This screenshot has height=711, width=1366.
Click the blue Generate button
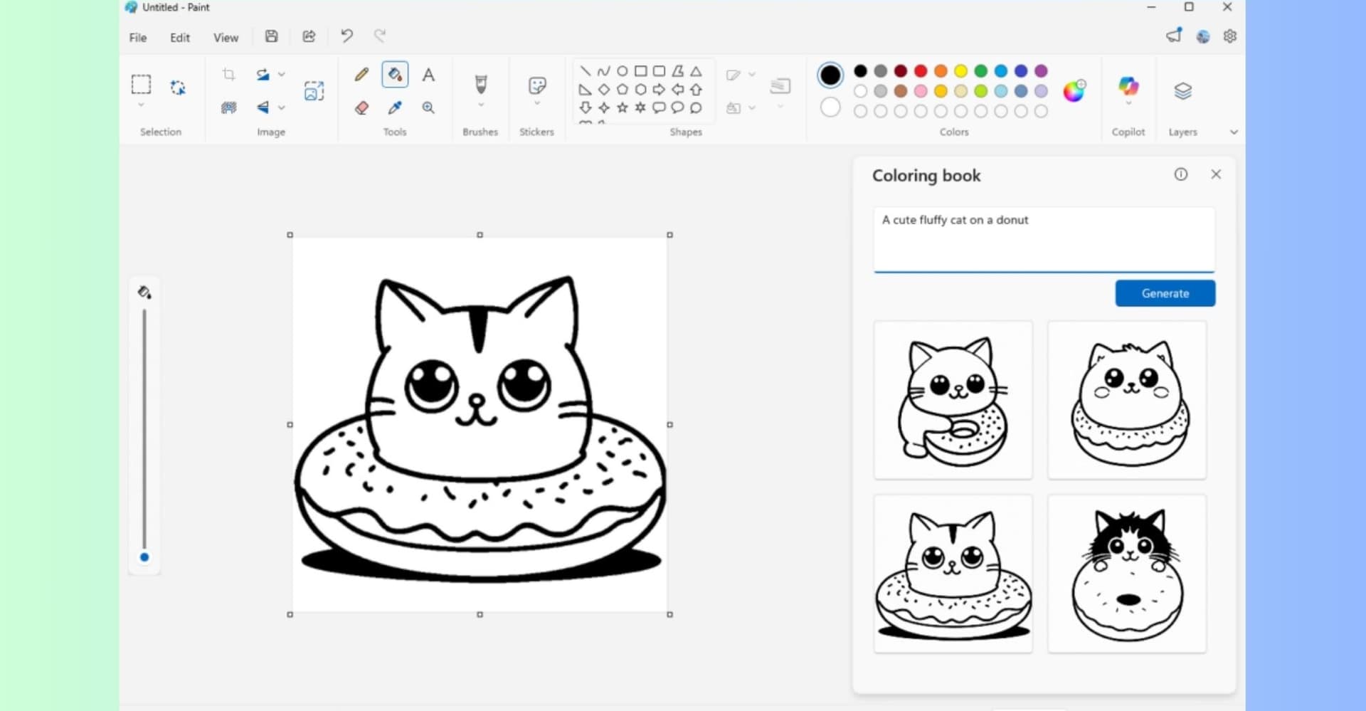pos(1165,293)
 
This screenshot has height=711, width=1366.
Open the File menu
pos(138,38)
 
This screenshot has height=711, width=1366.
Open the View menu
pos(226,38)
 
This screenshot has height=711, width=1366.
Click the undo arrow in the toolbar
pos(346,36)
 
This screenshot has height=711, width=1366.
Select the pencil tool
pos(361,75)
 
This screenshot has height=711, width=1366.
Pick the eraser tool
pos(361,107)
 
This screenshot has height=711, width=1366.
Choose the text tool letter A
pos(428,75)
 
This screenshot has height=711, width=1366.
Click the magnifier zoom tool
pos(428,107)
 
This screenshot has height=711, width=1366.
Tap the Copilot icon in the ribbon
pos(1128,87)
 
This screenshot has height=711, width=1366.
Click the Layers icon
pos(1182,91)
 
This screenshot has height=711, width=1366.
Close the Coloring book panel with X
pos(1216,174)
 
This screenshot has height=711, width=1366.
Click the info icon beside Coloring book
pos(1181,174)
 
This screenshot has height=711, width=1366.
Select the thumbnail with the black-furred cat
pos(1127,574)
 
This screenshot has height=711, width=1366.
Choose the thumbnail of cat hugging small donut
pos(953,400)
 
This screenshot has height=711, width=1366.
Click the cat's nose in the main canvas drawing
pos(477,401)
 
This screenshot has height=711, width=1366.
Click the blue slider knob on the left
pos(144,557)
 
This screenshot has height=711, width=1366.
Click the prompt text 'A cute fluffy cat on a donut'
pos(955,220)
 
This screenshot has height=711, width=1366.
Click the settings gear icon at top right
pos(1229,36)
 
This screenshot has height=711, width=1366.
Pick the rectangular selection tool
pos(141,85)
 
